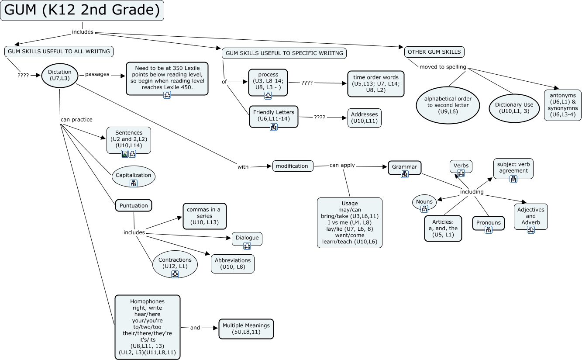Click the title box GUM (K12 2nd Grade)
[x=82, y=10]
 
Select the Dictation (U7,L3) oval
[x=60, y=75]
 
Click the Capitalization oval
[x=133, y=176]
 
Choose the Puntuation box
[x=134, y=205]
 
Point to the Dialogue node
[x=247, y=238]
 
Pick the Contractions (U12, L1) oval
[x=175, y=263]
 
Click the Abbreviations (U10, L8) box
[x=233, y=263]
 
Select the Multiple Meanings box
[x=246, y=329]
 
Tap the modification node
[x=293, y=166]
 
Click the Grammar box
[x=404, y=167]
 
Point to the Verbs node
[x=461, y=166]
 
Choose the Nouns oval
[x=424, y=202]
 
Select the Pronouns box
[x=488, y=223]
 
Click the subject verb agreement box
[x=513, y=168]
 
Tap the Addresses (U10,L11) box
[x=365, y=118]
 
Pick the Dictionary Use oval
[x=514, y=107]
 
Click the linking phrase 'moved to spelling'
[x=443, y=67]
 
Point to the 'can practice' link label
[x=76, y=119]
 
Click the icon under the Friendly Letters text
[x=274, y=127]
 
